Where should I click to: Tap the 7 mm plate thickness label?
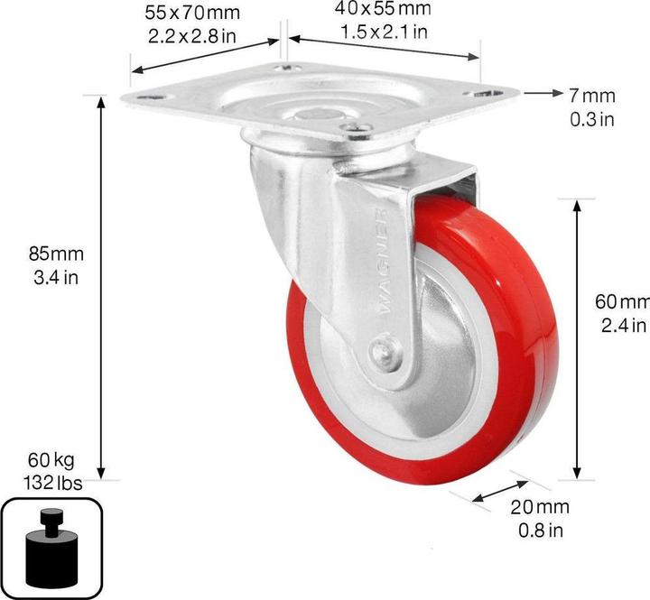[591, 95]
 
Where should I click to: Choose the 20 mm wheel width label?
[539, 508]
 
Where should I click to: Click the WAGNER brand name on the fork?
[385, 263]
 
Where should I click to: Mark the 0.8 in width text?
[539, 530]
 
